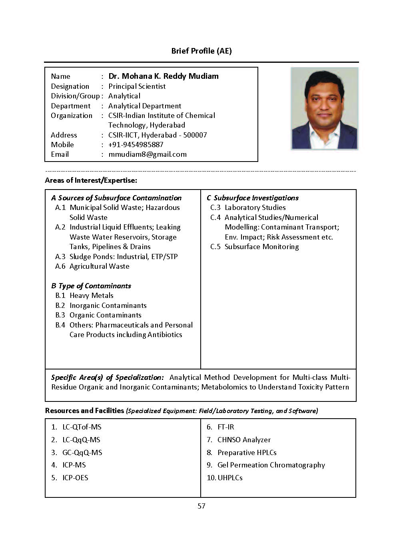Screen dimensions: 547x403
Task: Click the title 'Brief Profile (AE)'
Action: pyautogui.click(x=201, y=51)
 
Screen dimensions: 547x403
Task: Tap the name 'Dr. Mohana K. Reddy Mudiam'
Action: pyautogui.click(x=164, y=76)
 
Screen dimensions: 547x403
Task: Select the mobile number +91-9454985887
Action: pyautogui.click(x=136, y=145)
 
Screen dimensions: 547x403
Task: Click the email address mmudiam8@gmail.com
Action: pyautogui.click(x=148, y=154)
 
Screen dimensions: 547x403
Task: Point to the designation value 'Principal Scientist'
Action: pyautogui.click(x=137, y=86)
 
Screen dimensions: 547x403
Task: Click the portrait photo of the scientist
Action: pyautogui.click(x=324, y=108)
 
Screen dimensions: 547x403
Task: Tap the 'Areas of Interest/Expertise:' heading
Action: pyautogui.click(x=91, y=180)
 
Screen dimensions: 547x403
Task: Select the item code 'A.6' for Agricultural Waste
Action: pyautogui.click(x=60, y=266)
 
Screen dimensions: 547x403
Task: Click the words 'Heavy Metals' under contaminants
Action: pyautogui.click(x=92, y=295)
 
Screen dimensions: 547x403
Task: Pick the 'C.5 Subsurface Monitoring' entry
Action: pyautogui.click(x=255, y=247)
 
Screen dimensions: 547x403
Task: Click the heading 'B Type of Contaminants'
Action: pyautogui.click(x=91, y=286)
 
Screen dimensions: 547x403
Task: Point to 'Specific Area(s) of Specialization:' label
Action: pyautogui.click(x=108, y=377)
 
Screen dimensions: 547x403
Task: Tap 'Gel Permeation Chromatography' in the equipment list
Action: pyautogui.click(x=271, y=465)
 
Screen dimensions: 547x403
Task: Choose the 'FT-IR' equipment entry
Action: pyautogui.click(x=225, y=427)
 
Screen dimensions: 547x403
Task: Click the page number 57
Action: pyautogui.click(x=201, y=506)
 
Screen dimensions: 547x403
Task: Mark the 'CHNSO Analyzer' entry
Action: pyautogui.click(x=244, y=440)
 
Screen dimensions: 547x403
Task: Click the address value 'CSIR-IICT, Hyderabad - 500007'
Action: pyautogui.click(x=158, y=135)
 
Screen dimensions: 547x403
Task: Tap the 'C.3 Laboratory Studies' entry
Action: pyautogui.click(x=248, y=208)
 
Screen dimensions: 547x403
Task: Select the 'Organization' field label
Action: pyautogui.click(x=72, y=116)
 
